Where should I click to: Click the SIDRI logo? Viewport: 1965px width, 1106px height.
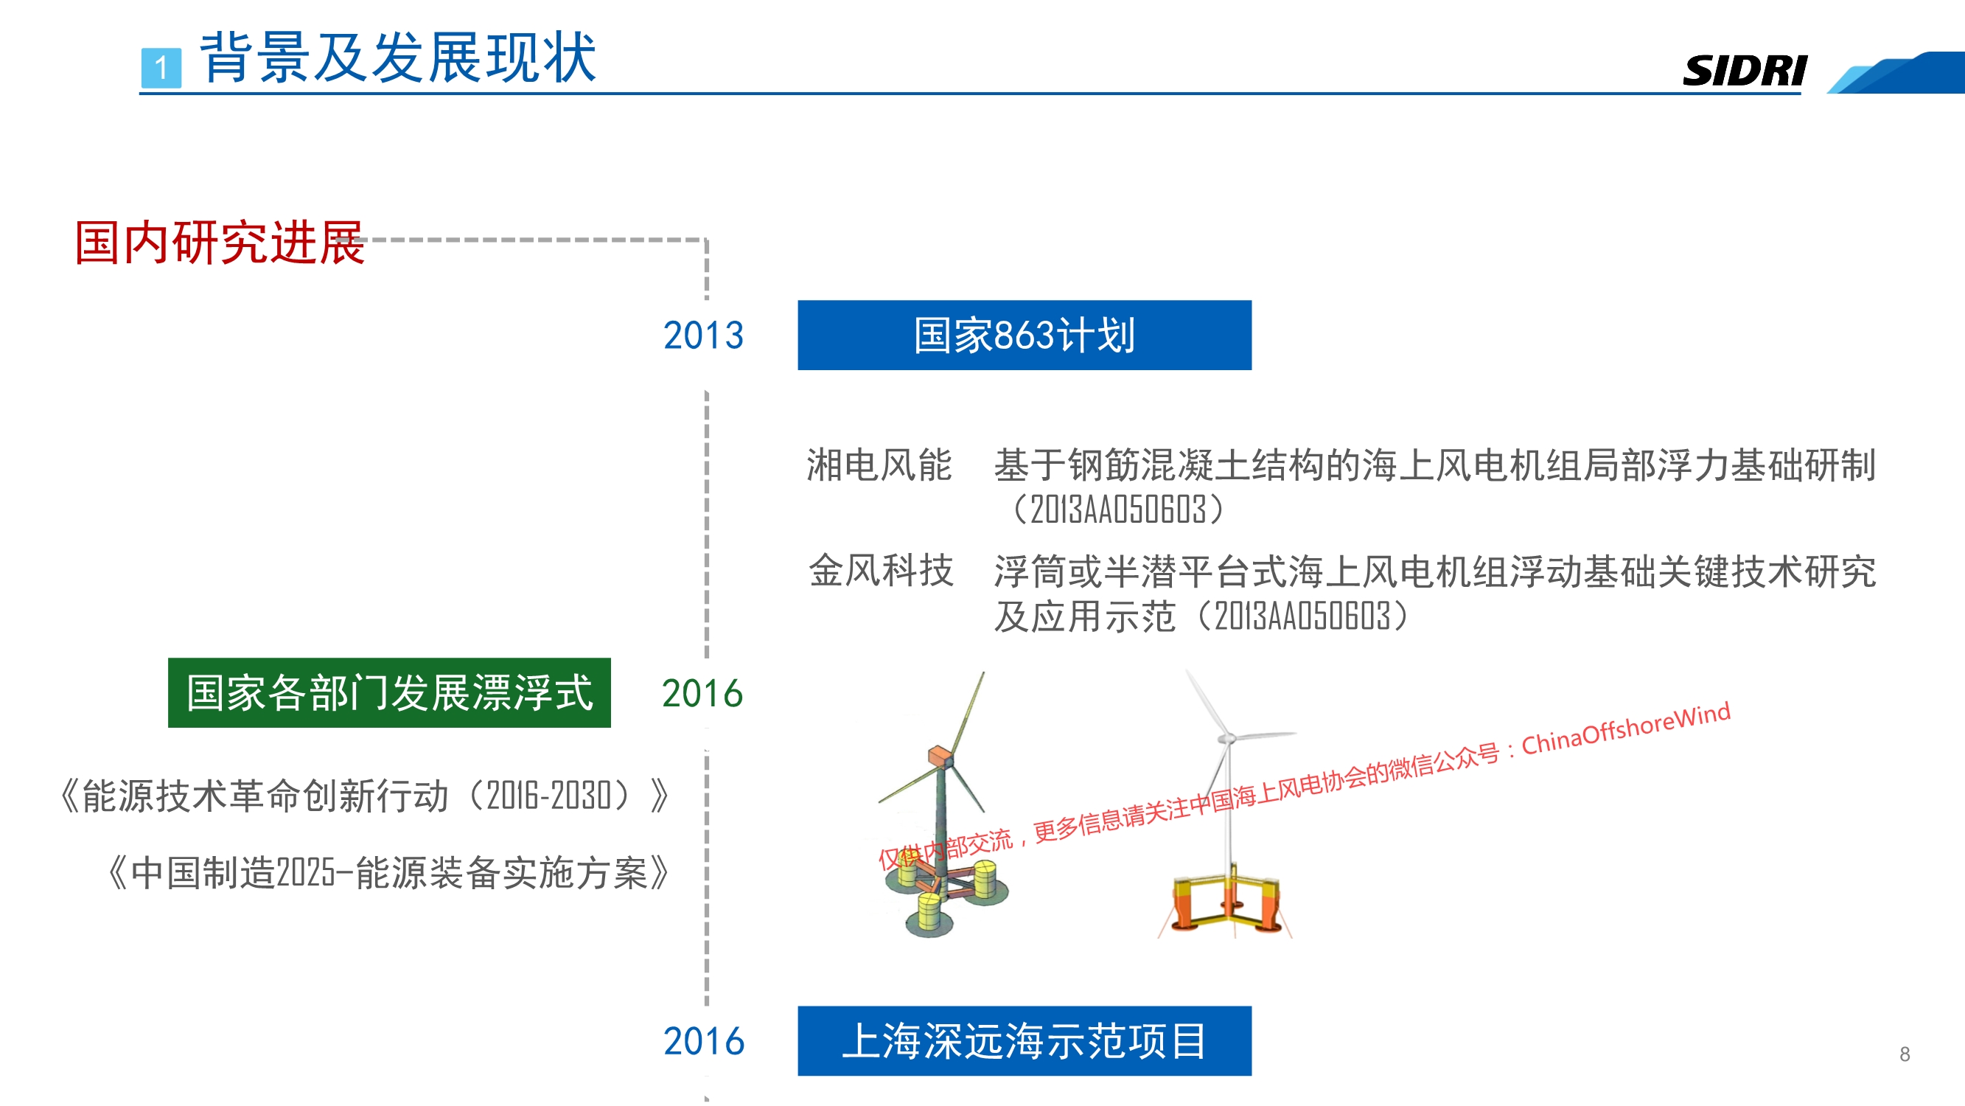1745,71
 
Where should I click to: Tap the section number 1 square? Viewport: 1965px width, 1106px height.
161,68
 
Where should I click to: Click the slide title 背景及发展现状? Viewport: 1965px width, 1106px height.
397,58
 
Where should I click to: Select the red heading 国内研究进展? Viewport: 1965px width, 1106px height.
220,243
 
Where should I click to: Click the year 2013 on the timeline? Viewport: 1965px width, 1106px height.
703,335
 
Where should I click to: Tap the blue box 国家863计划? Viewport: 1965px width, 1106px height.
1025,335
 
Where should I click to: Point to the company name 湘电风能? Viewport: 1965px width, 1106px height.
879,465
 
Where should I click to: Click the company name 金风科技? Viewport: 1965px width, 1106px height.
881,571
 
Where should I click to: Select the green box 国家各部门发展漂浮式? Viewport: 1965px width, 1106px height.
389,692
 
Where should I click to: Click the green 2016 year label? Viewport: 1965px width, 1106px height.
702,694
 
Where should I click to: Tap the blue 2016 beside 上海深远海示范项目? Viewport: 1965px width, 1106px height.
703,1042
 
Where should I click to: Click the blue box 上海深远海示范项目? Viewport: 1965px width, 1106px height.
1025,1041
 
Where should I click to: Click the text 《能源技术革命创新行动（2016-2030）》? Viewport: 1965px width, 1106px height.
365,796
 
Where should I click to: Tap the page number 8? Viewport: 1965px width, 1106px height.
1905,1054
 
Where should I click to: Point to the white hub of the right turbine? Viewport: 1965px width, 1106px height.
1226,738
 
